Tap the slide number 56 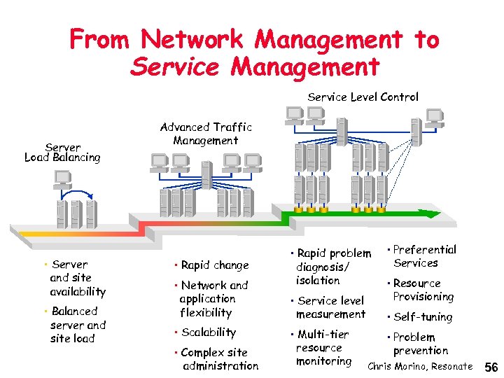point(491,367)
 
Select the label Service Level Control point(363,97)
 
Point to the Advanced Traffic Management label point(206,134)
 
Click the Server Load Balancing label point(62,153)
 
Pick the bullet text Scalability point(208,332)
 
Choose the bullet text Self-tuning point(422,317)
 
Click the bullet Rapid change point(214,265)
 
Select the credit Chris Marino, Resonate point(420,367)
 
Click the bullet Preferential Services point(423,256)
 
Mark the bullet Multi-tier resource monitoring point(323,348)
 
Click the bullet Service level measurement point(330,307)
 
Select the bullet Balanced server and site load point(77,325)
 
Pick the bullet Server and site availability point(77,278)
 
